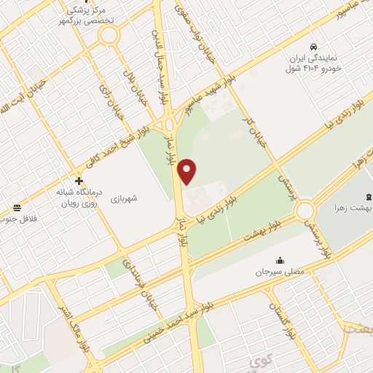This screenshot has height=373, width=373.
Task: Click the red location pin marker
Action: (x=188, y=171)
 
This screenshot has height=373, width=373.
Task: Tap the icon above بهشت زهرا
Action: (x=367, y=196)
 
